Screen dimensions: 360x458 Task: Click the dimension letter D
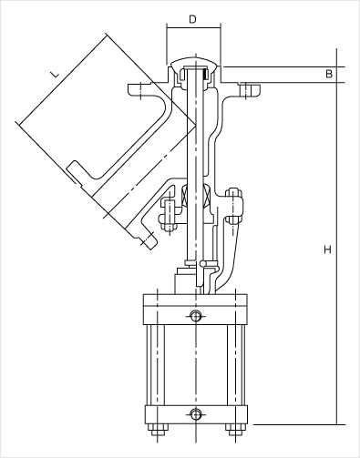[x=192, y=19]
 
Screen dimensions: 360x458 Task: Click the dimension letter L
[x=55, y=74]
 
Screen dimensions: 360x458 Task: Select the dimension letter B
[x=329, y=74]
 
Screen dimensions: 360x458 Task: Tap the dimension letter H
[x=327, y=249]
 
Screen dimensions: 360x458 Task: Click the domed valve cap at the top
[x=194, y=62]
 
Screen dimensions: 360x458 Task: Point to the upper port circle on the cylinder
[x=196, y=316]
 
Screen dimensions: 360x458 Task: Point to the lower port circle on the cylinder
[x=196, y=413]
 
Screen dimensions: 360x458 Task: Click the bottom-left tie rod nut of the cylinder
[x=158, y=430]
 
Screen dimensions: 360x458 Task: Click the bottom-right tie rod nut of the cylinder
[x=235, y=430]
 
